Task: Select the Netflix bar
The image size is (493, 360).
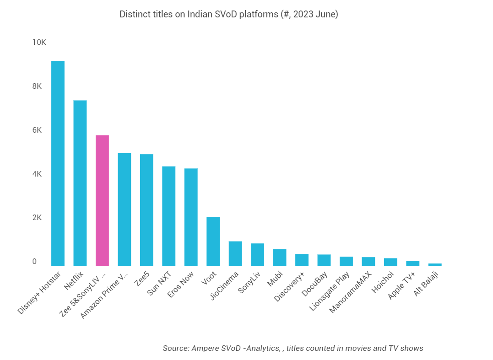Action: [80, 183]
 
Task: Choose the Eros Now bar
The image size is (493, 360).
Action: [191, 217]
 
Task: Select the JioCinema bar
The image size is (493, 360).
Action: [235, 254]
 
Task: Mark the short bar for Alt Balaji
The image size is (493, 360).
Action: [435, 264]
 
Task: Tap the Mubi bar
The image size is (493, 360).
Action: [280, 258]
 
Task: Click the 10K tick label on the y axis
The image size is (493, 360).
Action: [39, 43]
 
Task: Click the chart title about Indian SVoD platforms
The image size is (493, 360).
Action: [228, 14]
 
